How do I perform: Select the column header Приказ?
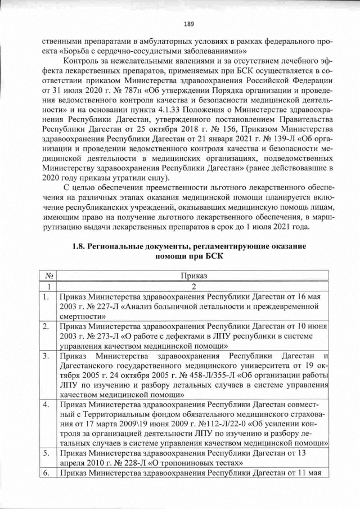pyautogui.click(x=193, y=276)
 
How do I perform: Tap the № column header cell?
pyautogui.click(x=49, y=276)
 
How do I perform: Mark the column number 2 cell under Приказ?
pyautogui.click(x=193, y=286)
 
